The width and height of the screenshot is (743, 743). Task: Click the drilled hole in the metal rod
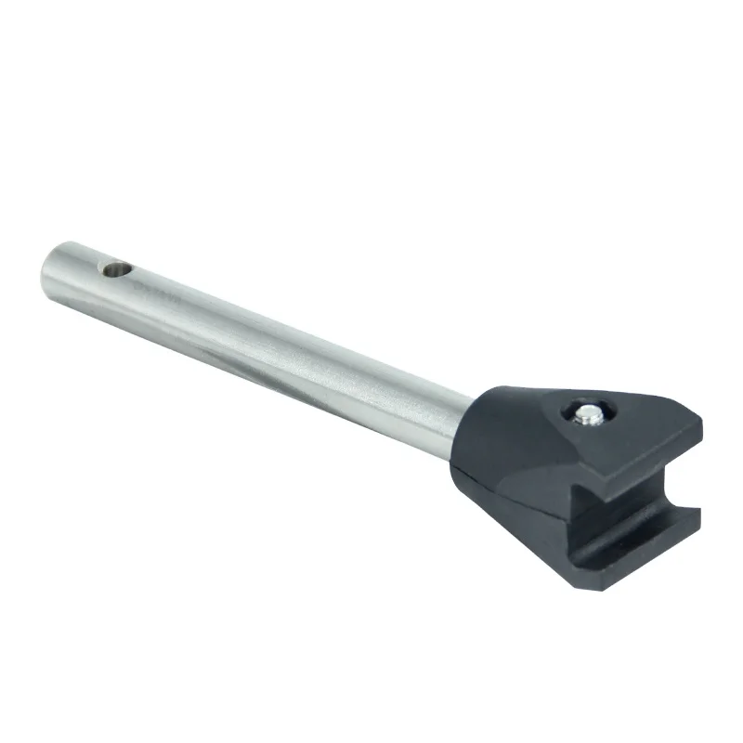[116, 271]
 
